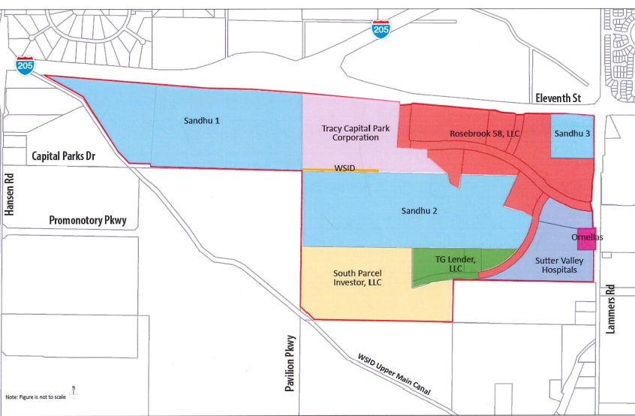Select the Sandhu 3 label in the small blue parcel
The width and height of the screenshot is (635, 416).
coord(573,134)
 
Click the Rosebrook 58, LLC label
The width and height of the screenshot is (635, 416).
coord(484,134)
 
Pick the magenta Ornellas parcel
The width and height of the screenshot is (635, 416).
coord(586,237)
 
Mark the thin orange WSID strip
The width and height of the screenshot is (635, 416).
coord(340,170)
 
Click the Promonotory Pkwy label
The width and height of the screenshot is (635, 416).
coord(88,221)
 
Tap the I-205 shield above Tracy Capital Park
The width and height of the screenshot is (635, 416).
coord(381,30)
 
